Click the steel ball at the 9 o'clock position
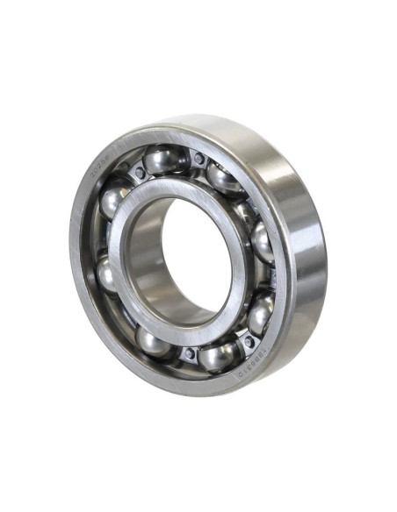[105, 274]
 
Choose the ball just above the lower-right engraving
[259, 314]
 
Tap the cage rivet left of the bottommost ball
[186, 354]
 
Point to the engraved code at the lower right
[255, 358]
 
